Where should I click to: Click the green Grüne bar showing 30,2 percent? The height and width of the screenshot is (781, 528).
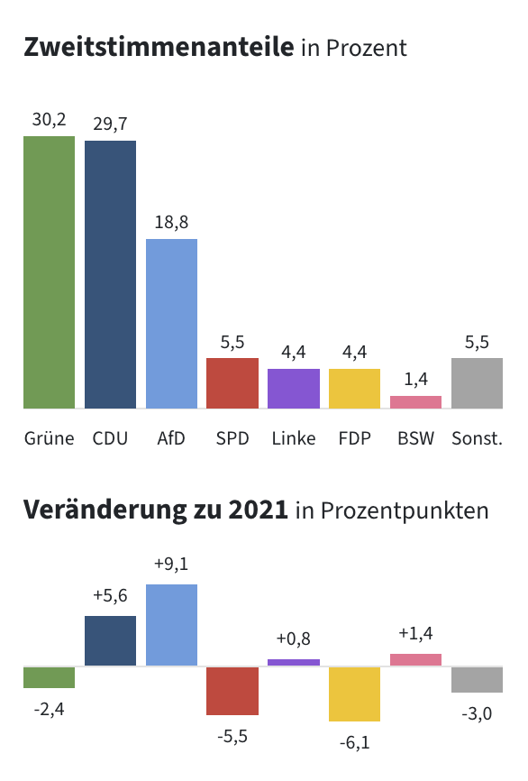pyautogui.click(x=49, y=272)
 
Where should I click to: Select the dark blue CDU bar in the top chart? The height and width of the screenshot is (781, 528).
pyautogui.click(x=110, y=274)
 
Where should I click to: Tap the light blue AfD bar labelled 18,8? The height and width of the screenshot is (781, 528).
pyautogui.click(x=171, y=324)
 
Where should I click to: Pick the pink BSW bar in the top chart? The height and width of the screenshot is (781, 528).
pyautogui.click(x=415, y=402)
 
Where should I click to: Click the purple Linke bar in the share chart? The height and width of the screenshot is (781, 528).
pyautogui.click(x=294, y=389)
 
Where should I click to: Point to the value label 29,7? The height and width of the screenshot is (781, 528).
pyautogui.click(x=110, y=124)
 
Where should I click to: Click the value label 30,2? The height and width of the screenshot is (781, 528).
pyautogui.click(x=49, y=119)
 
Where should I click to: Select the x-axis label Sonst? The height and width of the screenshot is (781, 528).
pyautogui.click(x=477, y=439)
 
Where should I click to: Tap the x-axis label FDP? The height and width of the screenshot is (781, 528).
pyautogui.click(x=355, y=439)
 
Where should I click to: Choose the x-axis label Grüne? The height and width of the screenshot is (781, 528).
pyautogui.click(x=49, y=439)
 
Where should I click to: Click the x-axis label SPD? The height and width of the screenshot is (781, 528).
pyautogui.click(x=232, y=439)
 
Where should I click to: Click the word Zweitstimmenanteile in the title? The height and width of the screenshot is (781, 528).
pyautogui.click(x=159, y=47)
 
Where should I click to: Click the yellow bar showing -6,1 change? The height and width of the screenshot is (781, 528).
pyautogui.click(x=355, y=694)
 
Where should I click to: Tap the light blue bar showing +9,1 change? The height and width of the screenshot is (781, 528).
pyautogui.click(x=171, y=625)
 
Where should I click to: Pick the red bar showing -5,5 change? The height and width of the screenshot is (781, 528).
pyautogui.click(x=232, y=691)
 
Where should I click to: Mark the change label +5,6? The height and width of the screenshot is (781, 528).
pyautogui.click(x=110, y=595)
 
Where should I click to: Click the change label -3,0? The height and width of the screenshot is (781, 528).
pyautogui.click(x=477, y=714)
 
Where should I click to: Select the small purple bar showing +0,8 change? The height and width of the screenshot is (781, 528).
pyautogui.click(x=294, y=663)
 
